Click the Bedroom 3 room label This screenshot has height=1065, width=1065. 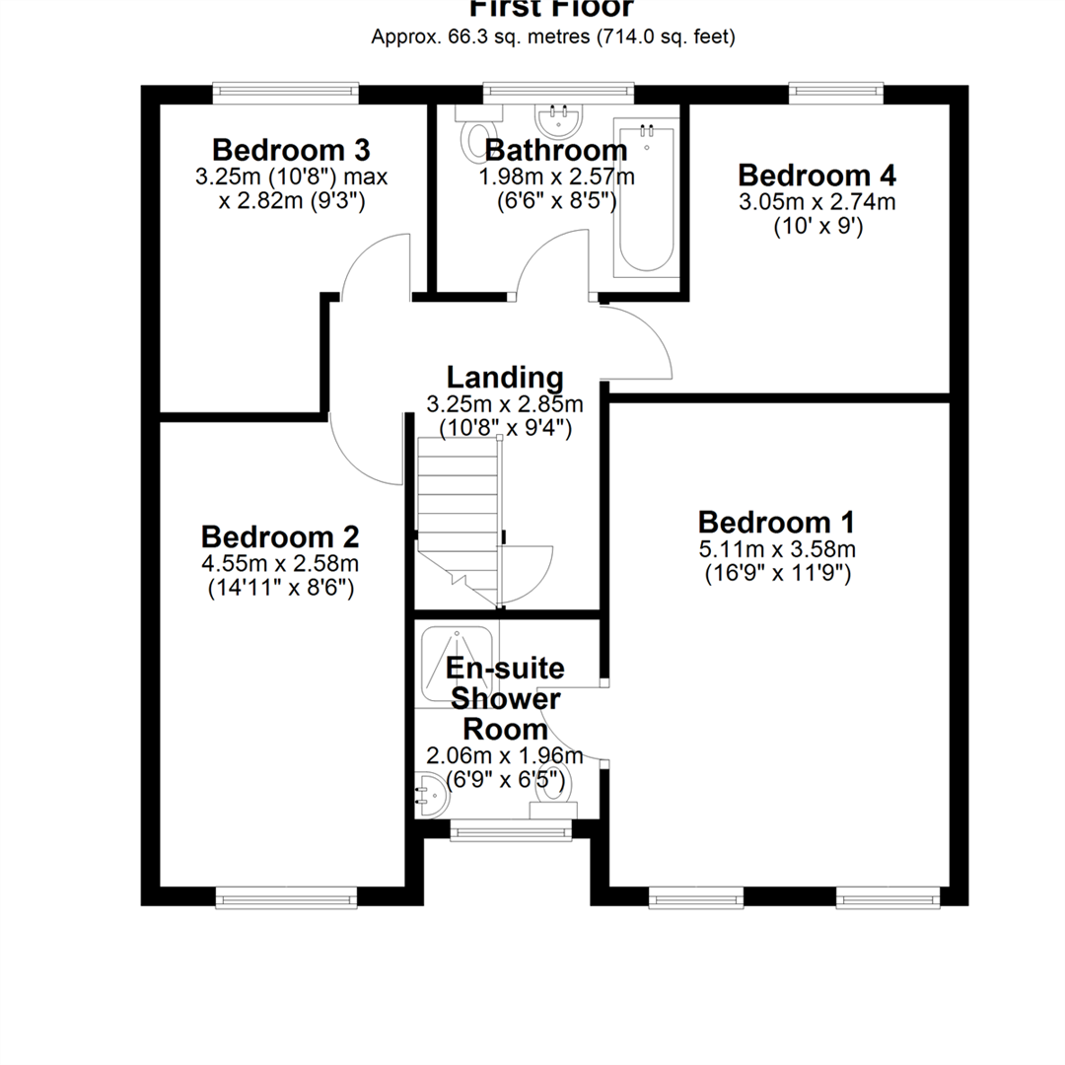tap(291, 151)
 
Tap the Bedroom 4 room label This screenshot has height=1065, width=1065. tap(816, 176)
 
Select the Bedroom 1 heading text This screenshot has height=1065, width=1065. tap(776, 522)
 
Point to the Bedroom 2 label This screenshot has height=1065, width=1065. tap(280, 537)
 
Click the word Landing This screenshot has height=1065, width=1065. tap(505, 378)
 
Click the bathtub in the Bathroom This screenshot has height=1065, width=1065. tap(646, 197)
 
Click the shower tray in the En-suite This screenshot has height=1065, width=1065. tap(456, 666)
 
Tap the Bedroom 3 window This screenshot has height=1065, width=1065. tap(285, 93)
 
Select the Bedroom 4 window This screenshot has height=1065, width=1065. tap(835, 93)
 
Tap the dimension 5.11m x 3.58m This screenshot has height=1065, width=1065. tap(776, 549)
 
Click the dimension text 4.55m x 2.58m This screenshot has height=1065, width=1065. tap(280, 564)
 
